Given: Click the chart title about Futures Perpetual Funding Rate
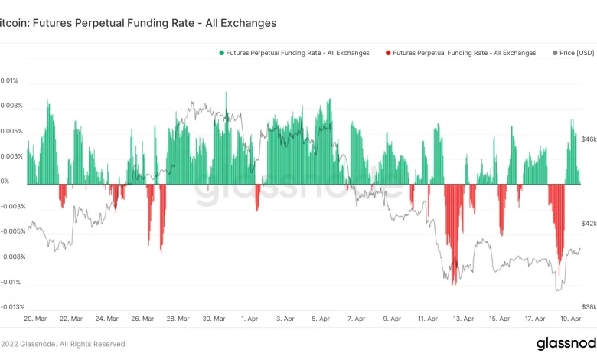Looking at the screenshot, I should pos(138,24).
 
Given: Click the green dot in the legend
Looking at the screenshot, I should pos(222,53).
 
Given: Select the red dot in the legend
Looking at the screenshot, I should pos(388,53).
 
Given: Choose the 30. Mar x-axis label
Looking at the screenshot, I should pos(214,319).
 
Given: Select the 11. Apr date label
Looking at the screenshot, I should pos(427,319).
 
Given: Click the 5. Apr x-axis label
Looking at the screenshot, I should pos(321,319).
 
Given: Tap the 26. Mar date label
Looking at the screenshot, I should pos(143,319).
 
